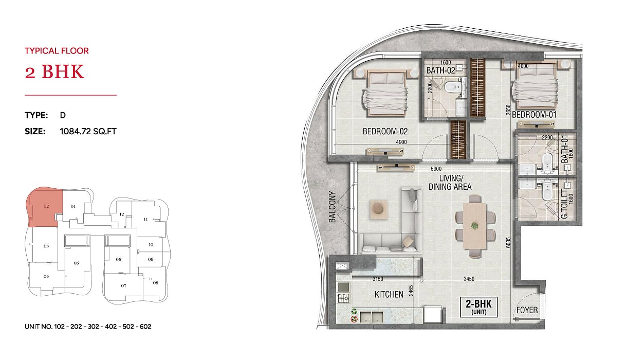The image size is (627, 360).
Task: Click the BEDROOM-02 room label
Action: pos(385,131)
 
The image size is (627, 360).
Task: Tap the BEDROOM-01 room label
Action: pos(534,115)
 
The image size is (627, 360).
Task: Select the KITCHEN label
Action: pos(389,295)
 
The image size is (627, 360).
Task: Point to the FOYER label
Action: pos(527,310)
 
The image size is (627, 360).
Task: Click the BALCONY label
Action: pos(332,207)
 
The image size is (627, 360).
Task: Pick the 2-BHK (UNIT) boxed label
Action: pos(478,307)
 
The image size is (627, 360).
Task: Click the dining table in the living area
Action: pos(475,226)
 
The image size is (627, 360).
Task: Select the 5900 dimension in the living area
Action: pos(436,169)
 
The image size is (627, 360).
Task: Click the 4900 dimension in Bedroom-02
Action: pos(401,142)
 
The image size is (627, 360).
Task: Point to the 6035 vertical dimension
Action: pos(509,243)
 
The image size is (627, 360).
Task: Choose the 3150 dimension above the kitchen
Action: pos(378,279)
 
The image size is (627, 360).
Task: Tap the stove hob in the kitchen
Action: pos(344,298)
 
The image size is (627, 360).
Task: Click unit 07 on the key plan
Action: pos(123,286)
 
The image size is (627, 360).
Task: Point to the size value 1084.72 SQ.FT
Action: pos(88,131)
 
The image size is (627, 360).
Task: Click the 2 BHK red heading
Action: pos(54,71)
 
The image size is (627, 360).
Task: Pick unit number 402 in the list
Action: pos(111,327)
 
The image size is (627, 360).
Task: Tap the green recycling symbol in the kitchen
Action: pos(354,311)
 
